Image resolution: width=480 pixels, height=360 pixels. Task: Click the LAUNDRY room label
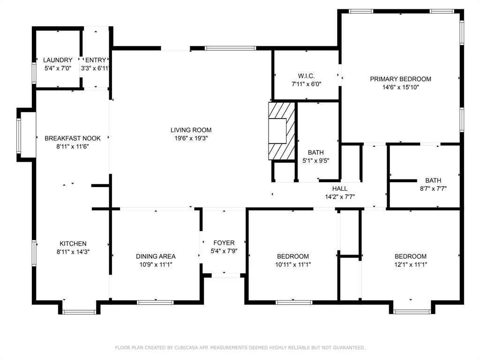pyautogui.click(x=58, y=60)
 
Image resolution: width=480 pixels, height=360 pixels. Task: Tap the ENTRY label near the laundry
pyautogui.click(x=96, y=60)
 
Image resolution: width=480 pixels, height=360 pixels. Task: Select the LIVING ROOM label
pyautogui.click(x=191, y=130)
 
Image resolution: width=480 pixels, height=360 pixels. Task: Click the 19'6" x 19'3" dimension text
pyautogui.click(x=191, y=138)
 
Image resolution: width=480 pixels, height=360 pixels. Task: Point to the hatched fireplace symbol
pyautogui.click(x=281, y=131)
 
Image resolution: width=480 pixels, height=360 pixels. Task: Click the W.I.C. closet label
pyautogui.click(x=306, y=76)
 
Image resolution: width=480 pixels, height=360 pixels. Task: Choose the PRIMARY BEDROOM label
pyautogui.click(x=400, y=79)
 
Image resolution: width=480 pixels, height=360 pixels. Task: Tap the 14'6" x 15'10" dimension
pyautogui.click(x=400, y=87)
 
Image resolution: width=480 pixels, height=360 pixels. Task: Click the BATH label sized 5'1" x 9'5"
pyautogui.click(x=315, y=152)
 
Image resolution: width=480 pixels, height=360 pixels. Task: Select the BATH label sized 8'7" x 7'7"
pyautogui.click(x=433, y=180)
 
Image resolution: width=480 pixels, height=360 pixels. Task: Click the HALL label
pyautogui.click(x=340, y=188)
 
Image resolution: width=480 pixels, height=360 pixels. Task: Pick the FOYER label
pyautogui.click(x=224, y=243)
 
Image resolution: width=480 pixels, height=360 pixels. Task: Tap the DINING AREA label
pyautogui.click(x=156, y=256)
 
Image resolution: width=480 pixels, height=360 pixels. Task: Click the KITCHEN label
pyautogui.click(x=73, y=244)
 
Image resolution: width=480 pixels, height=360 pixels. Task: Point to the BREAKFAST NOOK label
pyautogui.click(x=73, y=138)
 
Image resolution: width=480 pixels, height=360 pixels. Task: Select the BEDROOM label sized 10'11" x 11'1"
pyautogui.click(x=293, y=256)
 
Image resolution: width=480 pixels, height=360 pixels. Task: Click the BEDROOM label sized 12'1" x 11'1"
pyautogui.click(x=411, y=256)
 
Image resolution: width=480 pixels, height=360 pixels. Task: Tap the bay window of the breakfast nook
pyautogui.click(x=19, y=135)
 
